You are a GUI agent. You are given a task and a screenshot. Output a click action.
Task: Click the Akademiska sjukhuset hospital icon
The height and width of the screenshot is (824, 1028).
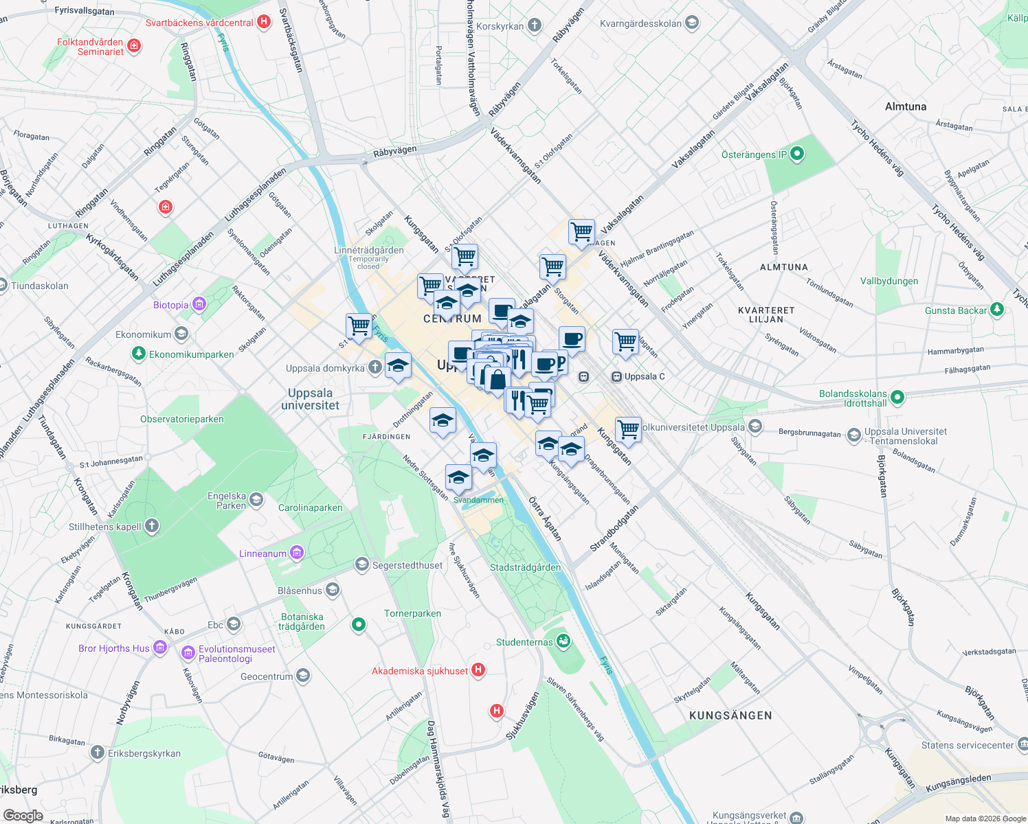click(x=478, y=670)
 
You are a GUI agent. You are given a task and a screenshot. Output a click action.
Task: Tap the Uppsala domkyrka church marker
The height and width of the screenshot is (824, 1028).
click(x=375, y=367)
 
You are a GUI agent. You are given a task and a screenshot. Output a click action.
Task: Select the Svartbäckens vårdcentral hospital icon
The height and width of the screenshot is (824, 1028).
click(x=263, y=22)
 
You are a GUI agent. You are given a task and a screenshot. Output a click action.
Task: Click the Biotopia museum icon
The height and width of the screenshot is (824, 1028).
click(x=199, y=304)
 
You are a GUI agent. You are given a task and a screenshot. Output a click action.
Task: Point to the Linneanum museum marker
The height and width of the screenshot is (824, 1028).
click(x=297, y=553)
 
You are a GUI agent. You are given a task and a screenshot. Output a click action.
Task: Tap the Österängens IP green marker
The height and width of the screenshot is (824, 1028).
click(x=797, y=154)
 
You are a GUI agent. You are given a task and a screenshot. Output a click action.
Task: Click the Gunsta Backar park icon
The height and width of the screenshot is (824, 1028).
click(x=997, y=310)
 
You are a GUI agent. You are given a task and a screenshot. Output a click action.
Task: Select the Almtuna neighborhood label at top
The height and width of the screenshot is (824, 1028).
click(x=906, y=106)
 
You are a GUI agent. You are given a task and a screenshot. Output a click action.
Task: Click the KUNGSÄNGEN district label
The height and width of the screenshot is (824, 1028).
click(x=730, y=716)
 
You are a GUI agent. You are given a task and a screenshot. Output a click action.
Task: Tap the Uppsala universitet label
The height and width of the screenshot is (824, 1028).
click(x=310, y=399)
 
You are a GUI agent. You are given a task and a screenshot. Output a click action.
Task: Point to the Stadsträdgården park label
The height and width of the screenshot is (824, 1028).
click(x=525, y=567)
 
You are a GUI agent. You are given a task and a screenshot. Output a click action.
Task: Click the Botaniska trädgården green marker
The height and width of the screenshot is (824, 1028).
click(x=358, y=624)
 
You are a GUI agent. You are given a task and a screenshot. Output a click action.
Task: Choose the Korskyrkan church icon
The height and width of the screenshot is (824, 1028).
click(x=535, y=26)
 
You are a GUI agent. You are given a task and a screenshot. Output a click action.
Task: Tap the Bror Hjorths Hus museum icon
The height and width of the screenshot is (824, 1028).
click(x=160, y=648)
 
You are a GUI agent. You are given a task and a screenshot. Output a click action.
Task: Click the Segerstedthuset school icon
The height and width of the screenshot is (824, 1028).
click(x=361, y=564)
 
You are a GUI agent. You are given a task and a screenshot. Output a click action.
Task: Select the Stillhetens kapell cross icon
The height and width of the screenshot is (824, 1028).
click(x=152, y=526)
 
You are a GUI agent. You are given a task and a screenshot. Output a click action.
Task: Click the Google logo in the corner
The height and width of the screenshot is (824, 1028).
click(x=23, y=816)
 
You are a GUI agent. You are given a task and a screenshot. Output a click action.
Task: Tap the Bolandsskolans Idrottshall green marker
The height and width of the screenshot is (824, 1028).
click(x=897, y=398)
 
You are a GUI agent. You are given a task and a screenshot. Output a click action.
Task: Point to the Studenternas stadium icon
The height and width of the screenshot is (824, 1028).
click(x=563, y=641)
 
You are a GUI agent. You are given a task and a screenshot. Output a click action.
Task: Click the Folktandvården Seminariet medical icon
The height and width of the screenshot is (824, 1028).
click(x=134, y=46)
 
